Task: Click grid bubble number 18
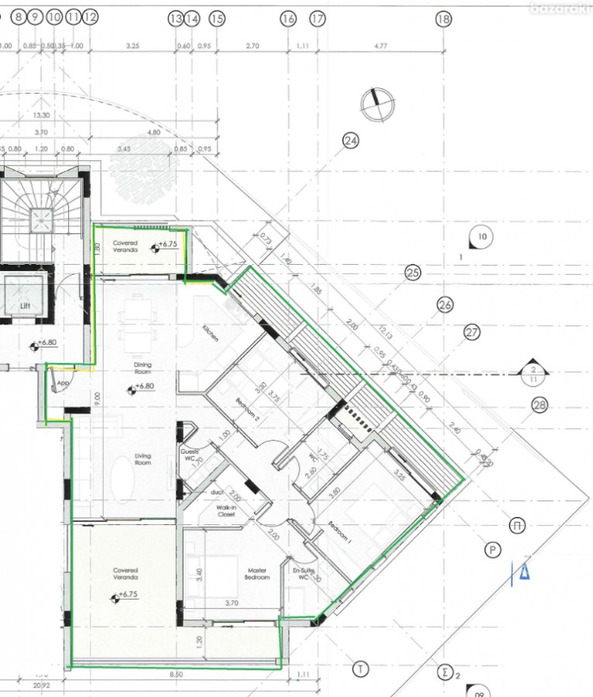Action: [x=443, y=20]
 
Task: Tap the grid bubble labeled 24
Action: [x=351, y=140]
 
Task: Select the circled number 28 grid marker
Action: [x=540, y=405]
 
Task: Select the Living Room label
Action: [x=142, y=458]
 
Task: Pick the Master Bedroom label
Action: [x=256, y=573]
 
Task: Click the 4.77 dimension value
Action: [x=380, y=46]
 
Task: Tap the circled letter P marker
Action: [x=491, y=551]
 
